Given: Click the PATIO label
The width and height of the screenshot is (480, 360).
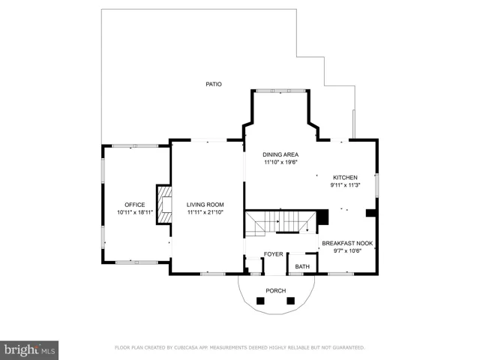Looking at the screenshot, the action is pyautogui.click(x=214, y=84).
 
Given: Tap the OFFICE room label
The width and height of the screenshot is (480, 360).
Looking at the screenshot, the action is pyautogui.click(x=135, y=205).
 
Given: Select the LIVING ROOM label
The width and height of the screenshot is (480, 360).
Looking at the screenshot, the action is pyautogui.click(x=205, y=205).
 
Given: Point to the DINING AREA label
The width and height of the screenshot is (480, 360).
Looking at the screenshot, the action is pyautogui.click(x=280, y=154).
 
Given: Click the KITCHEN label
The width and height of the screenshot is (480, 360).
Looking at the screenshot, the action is pyautogui.click(x=345, y=178).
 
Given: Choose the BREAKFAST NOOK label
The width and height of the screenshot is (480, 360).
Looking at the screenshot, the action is pyautogui.click(x=347, y=243).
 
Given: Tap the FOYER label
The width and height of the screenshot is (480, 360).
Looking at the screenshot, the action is pyautogui.click(x=273, y=254).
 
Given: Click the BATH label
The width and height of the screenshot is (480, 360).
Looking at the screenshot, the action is pyautogui.click(x=302, y=267).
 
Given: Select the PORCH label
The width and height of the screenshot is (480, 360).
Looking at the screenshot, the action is pyautogui.click(x=276, y=290).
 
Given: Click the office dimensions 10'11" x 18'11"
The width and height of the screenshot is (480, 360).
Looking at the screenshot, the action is pyautogui.click(x=135, y=212).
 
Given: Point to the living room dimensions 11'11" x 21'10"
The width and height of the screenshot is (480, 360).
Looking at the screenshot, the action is pyautogui.click(x=205, y=212).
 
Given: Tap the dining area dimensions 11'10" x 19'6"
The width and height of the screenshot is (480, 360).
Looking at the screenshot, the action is pyautogui.click(x=280, y=162).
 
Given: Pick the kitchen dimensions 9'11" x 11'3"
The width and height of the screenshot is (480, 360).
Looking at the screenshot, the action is pyautogui.click(x=345, y=185).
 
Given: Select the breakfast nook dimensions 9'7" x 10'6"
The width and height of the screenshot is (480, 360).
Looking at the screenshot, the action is pyautogui.click(x=347, y=251).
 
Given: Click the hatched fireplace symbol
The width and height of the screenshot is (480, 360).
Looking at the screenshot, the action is pyautogui.click(x=164, y=205).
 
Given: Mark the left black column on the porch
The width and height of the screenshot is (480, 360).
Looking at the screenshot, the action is pyautogui.click(x=260, y=301).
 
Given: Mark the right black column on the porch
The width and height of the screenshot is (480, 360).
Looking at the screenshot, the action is pyautogui.click(x=290, y=301).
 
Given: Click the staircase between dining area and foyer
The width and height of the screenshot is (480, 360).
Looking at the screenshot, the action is pyautogui.click(x=280, y=223).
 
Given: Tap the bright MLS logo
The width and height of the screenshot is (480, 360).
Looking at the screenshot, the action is pyautogui.click(x=29, y=350).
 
